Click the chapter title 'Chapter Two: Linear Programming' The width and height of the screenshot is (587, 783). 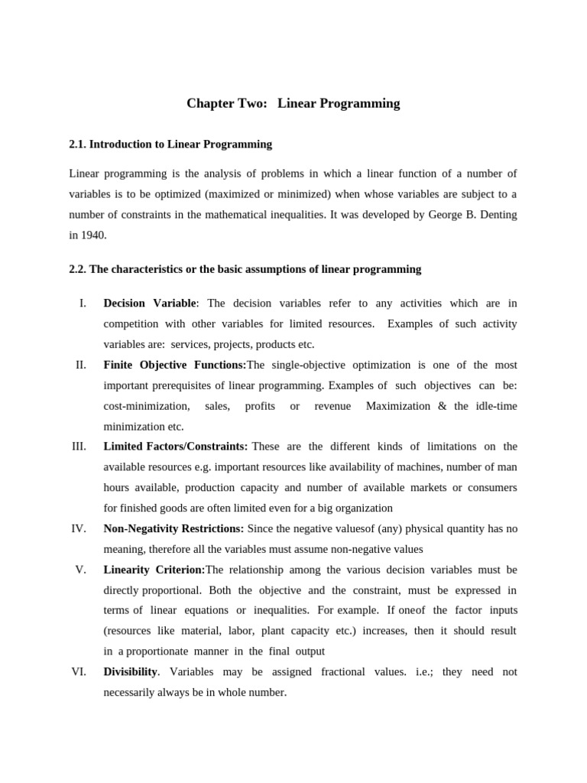pyautogui.click(x=293, y=103)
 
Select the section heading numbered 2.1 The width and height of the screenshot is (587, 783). pyautogui.click(x=170, y=144)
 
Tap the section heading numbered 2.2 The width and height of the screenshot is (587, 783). pyautogui.click(x=245, y=269)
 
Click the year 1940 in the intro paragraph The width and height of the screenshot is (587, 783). pyautogui.click(x=94, y=236)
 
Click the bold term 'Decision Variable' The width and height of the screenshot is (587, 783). pyautogui.click(x=150, y=304)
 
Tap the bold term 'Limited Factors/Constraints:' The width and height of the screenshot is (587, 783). pyautogui.click(x=175, y=447)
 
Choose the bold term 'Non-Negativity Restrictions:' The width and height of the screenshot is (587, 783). pyautogui.click(x=174, y=528)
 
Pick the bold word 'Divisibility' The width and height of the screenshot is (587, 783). pyautogui.click(x=131, y=671)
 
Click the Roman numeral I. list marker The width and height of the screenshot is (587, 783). pyautogui.click(x=83, y=304)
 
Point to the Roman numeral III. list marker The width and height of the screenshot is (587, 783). pyautogui.click(x=79, y=447)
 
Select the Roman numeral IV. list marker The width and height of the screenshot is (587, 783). pyautogui.click(x=79, y=528)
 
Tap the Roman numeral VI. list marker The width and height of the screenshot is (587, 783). pyautogui.click(x=79, y=671)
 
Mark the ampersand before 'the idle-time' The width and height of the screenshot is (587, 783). pyautogui.click(x=443, y=406)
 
